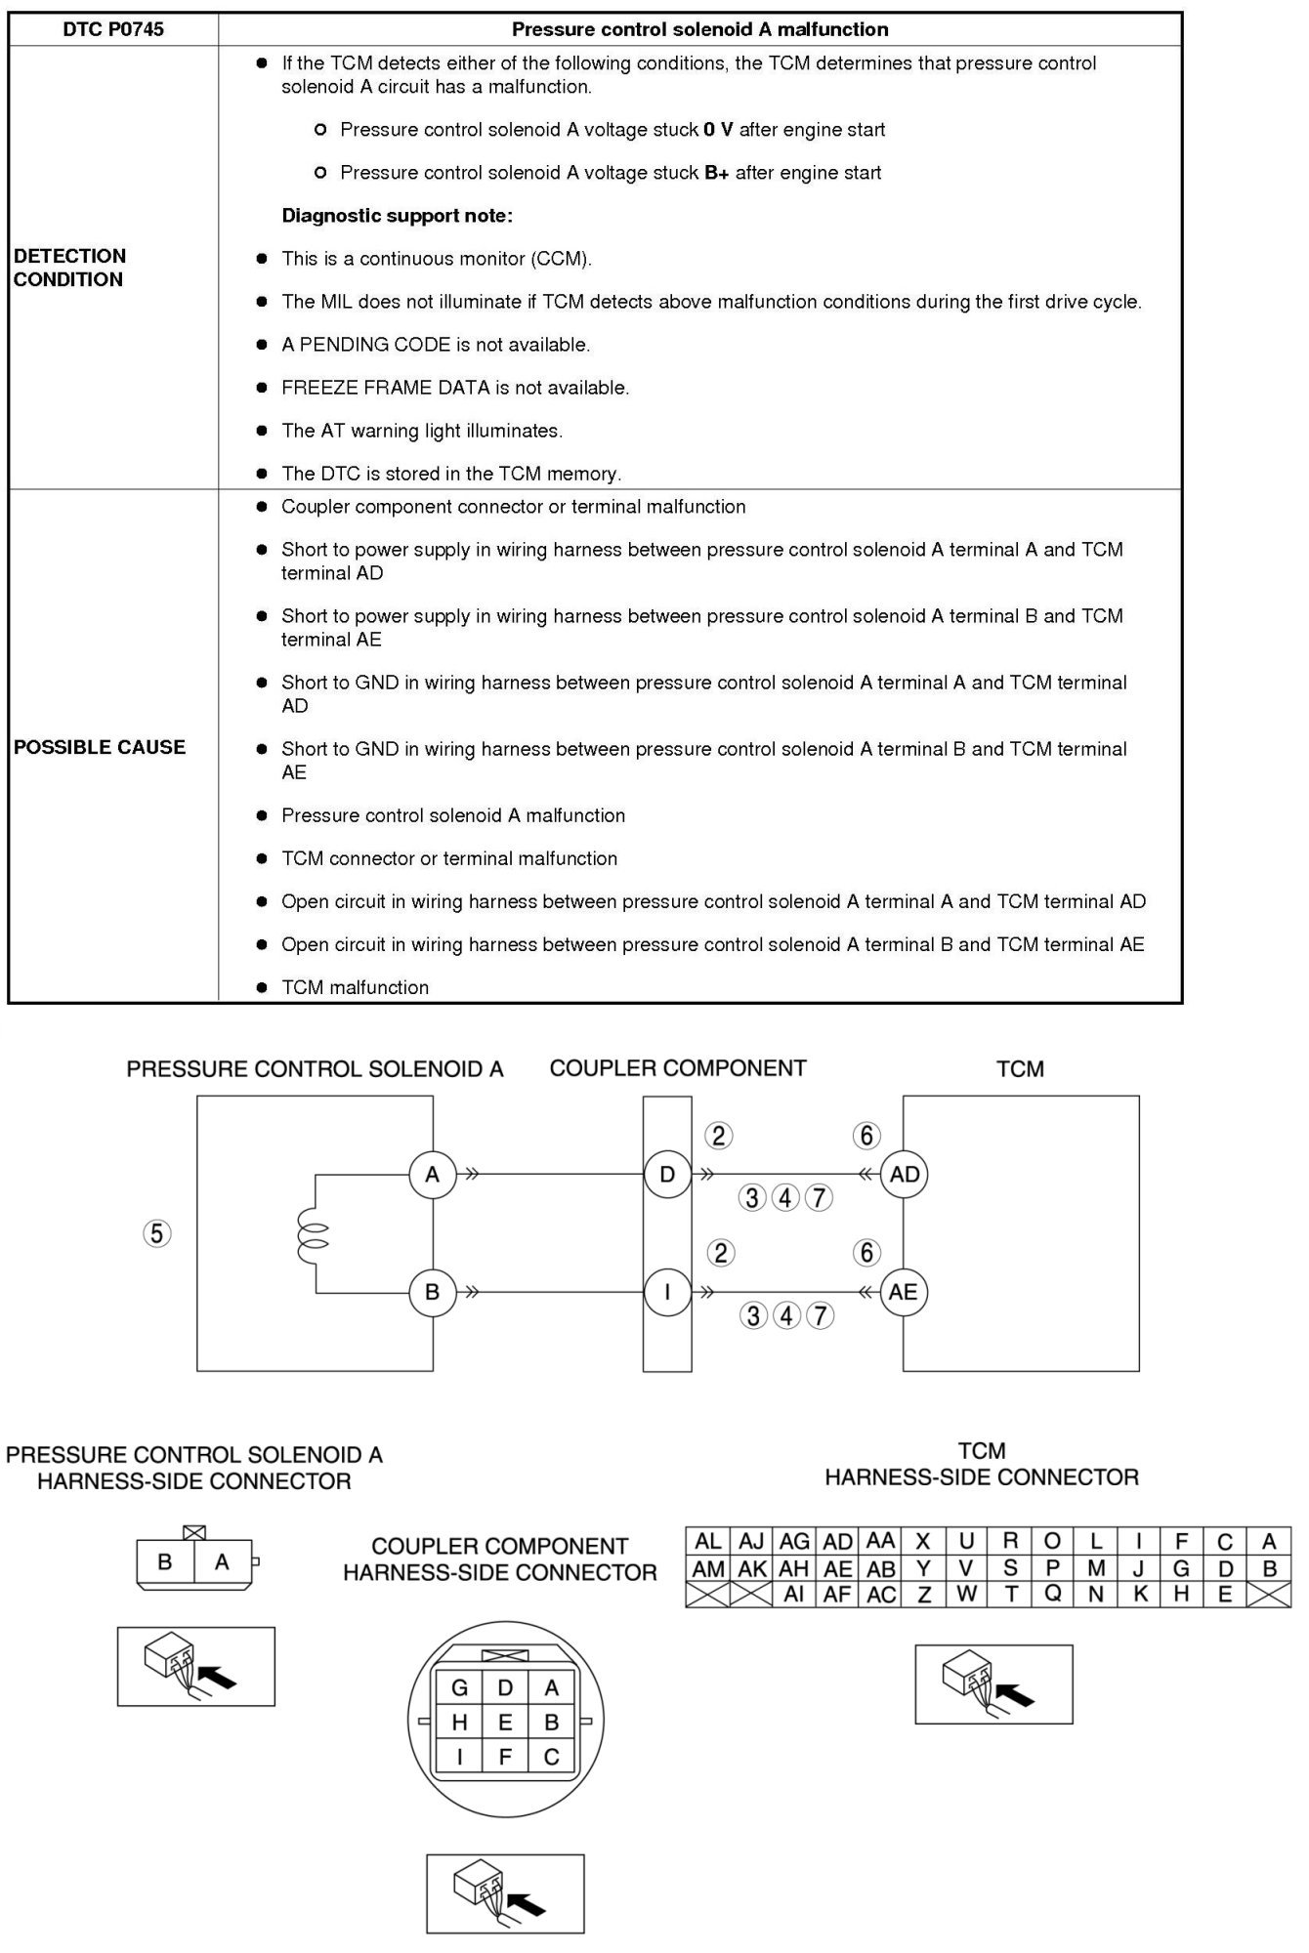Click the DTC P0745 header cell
113,29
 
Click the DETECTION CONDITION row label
70,268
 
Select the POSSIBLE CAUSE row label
100,747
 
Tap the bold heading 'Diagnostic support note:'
397,216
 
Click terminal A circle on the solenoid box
432,1175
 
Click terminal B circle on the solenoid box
432,1292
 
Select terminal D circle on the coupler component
667,1175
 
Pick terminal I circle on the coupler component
667,1292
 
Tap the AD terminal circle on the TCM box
905,1175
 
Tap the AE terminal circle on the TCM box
904,1292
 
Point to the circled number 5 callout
157,1234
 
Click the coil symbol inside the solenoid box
317,1234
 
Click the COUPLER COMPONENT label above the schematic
678,1068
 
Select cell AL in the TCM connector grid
707,1542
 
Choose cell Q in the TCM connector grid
1052,1595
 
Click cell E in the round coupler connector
505,1723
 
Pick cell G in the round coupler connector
459,1687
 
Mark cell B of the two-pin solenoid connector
165,1562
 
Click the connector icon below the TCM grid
993,1683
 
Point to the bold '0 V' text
718,130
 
